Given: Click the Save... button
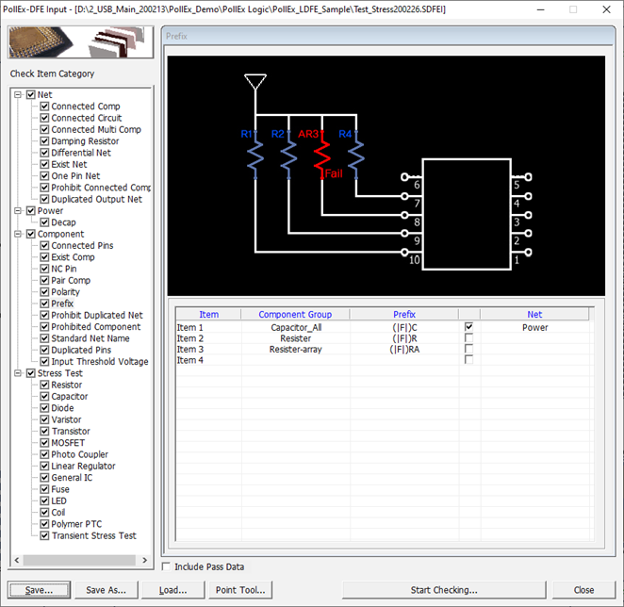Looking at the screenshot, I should click(x=40, y=590).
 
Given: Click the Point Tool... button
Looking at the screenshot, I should click(x=240, y=590).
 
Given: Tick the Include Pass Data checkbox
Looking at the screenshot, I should click(x=167, y=566).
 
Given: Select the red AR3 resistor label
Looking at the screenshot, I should click(x=309, y=135).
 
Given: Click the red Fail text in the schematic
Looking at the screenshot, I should click(x=334, y=173).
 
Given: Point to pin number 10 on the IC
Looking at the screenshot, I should click(x=415, y=260).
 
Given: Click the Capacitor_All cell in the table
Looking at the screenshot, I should click(x=295, y=328).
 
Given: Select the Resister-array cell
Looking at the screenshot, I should click(x=295, y=350).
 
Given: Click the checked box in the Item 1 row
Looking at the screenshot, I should click(x=468, y=327).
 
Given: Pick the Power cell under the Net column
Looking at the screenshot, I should click(x=534, y=328).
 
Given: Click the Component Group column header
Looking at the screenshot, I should click(x=295, y=315).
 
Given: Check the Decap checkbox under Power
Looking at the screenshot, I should click(x=44, y=222).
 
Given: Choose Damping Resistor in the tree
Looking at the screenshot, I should click(x=85, y=141).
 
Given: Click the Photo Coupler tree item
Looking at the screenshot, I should click(x=79, y=454).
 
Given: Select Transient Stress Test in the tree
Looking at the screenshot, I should click(x=93, y=535).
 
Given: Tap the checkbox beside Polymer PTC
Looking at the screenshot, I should click(x=44, y=524).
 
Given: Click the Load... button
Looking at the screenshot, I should click(x=172, y=590).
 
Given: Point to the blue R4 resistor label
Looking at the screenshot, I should click(x=345, y=135).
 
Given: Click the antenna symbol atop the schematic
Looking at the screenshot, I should click(x=253, y=81).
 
